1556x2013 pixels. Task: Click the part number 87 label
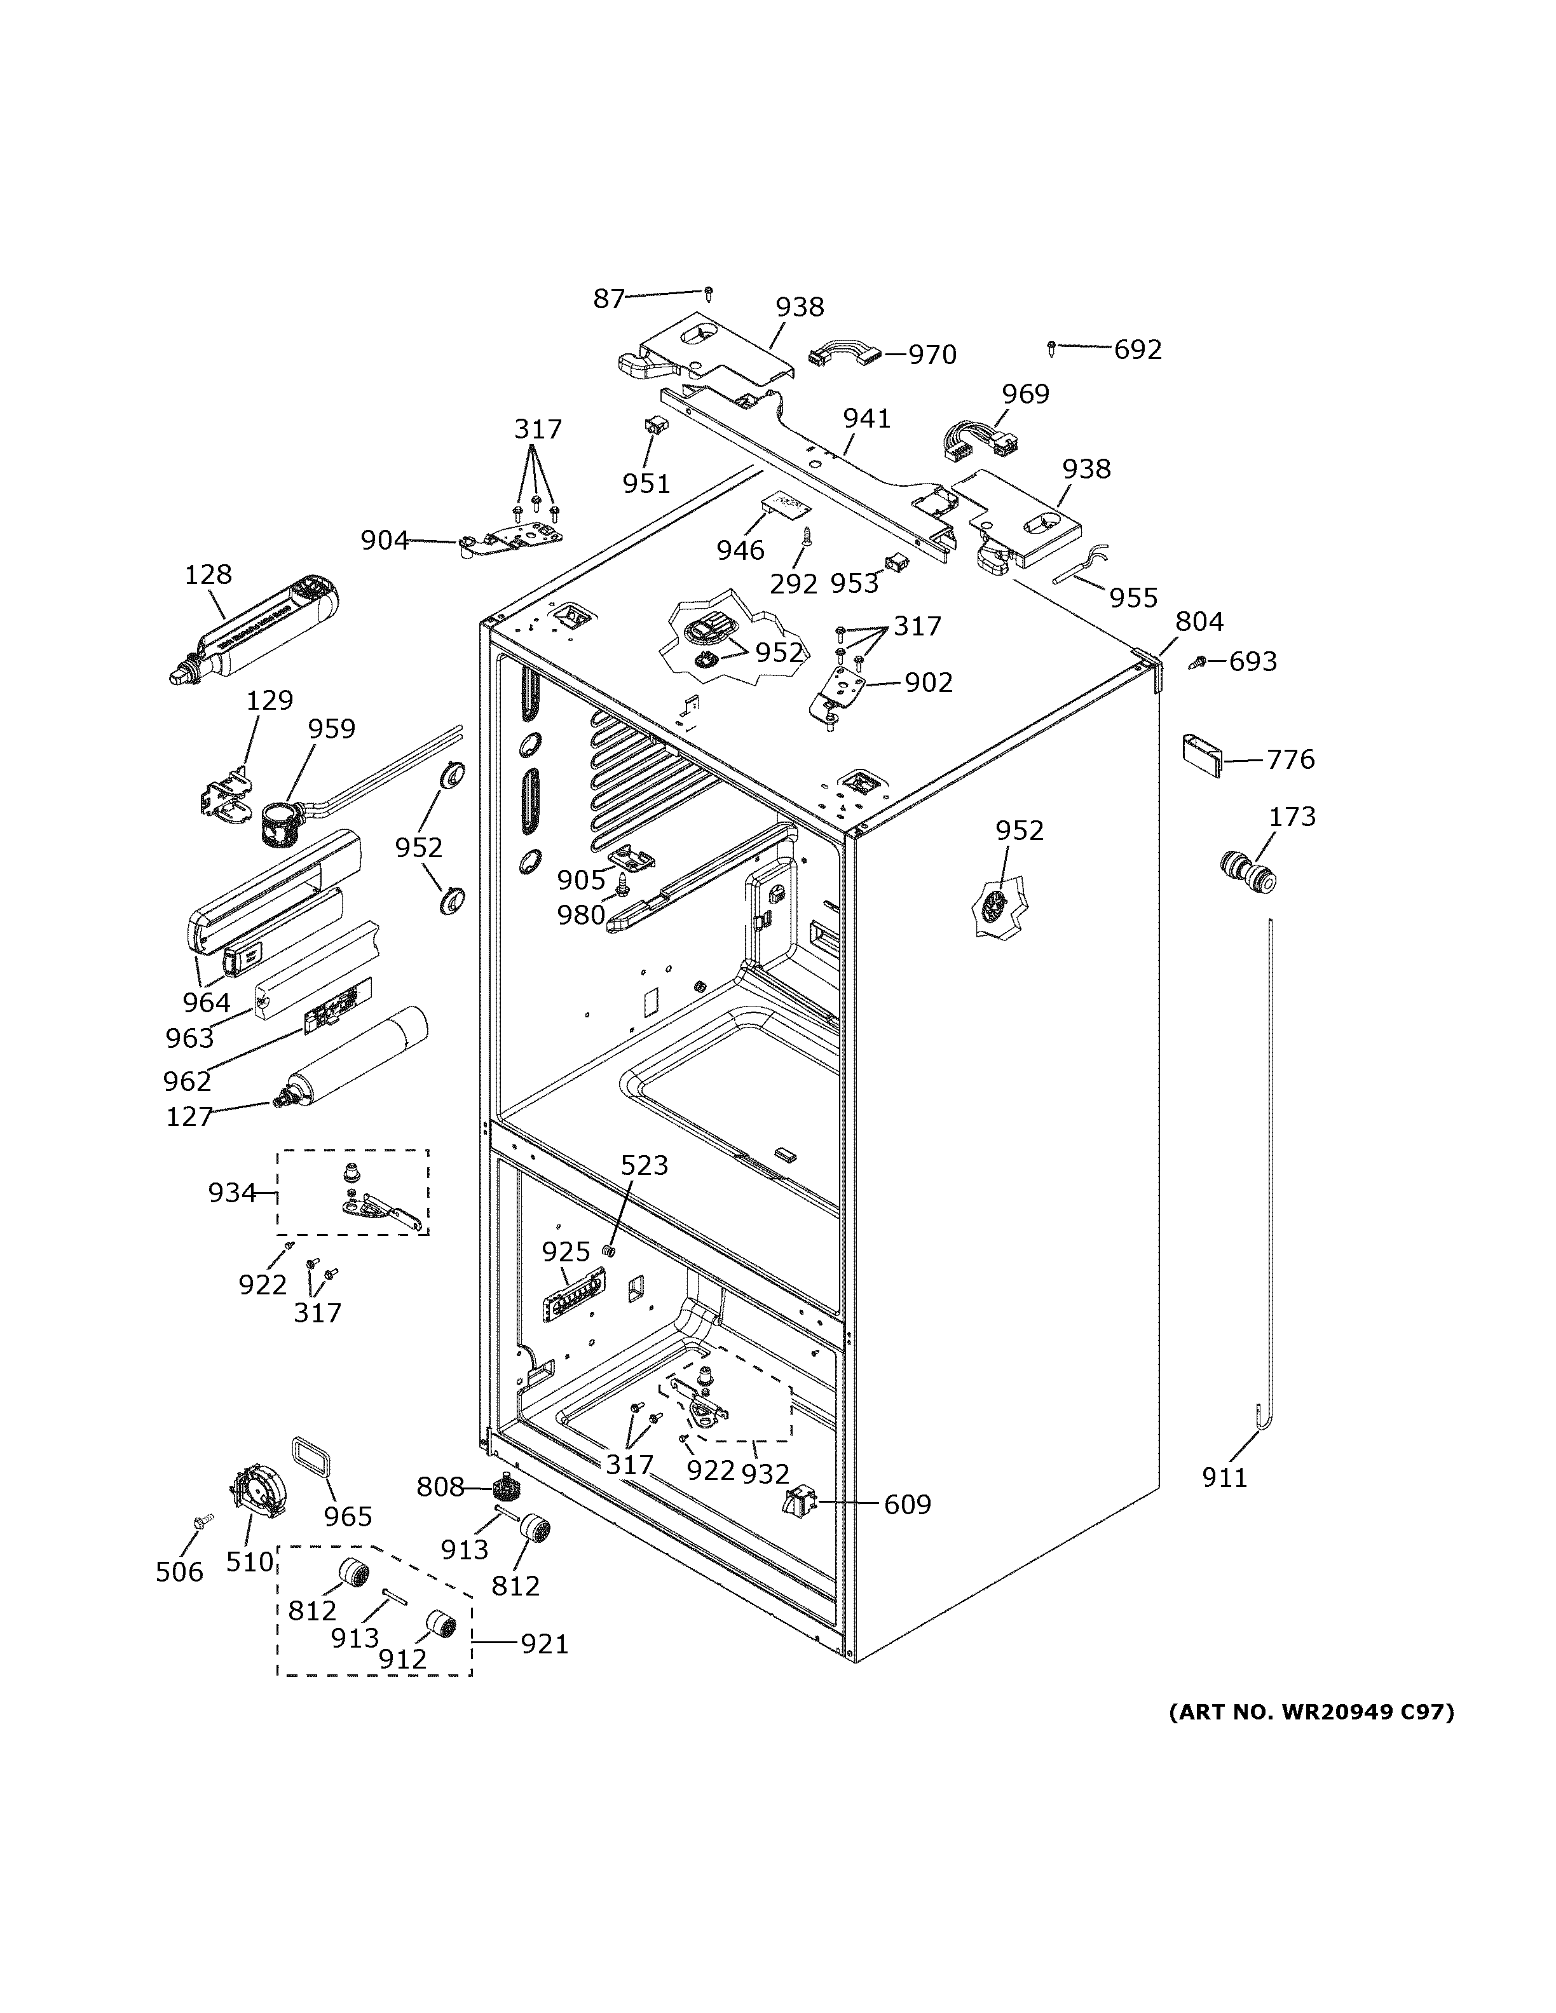click(608, 299)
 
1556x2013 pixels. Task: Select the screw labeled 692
click(1051, 348)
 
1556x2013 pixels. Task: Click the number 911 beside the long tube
click(1224, 1477)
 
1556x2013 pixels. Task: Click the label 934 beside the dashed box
click(231, 1193)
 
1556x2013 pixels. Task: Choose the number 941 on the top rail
click(866, 419)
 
